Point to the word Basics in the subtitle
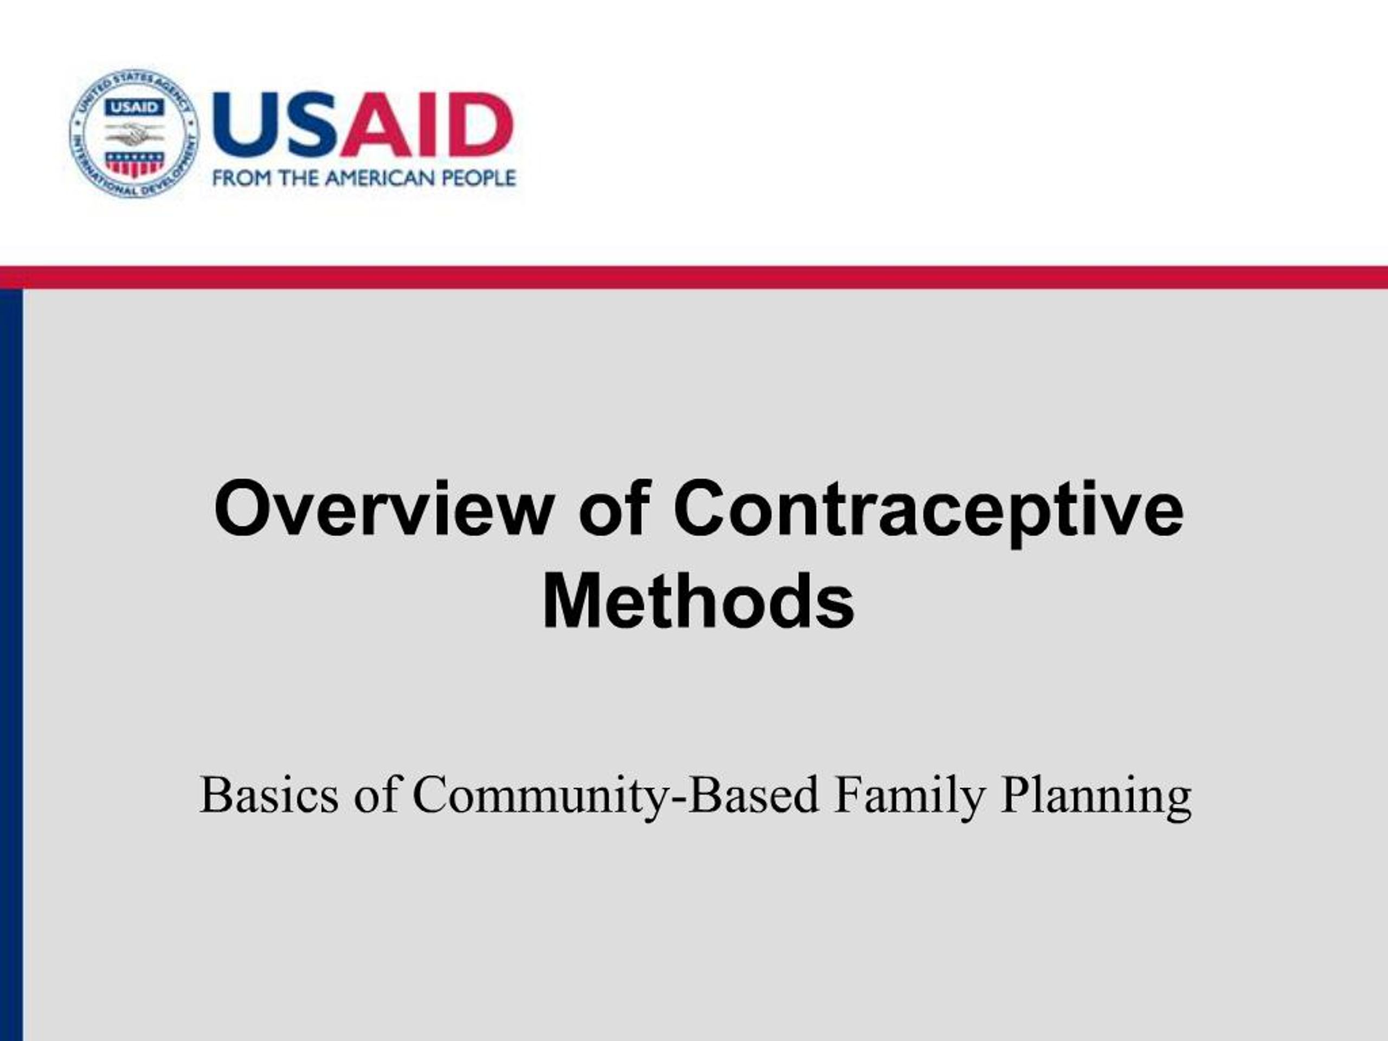click(268, 795)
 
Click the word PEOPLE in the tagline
click(479, 179)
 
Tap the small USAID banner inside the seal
click(134, 107)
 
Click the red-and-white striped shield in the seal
click(134, 163)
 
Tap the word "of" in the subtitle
click(375, 795)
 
